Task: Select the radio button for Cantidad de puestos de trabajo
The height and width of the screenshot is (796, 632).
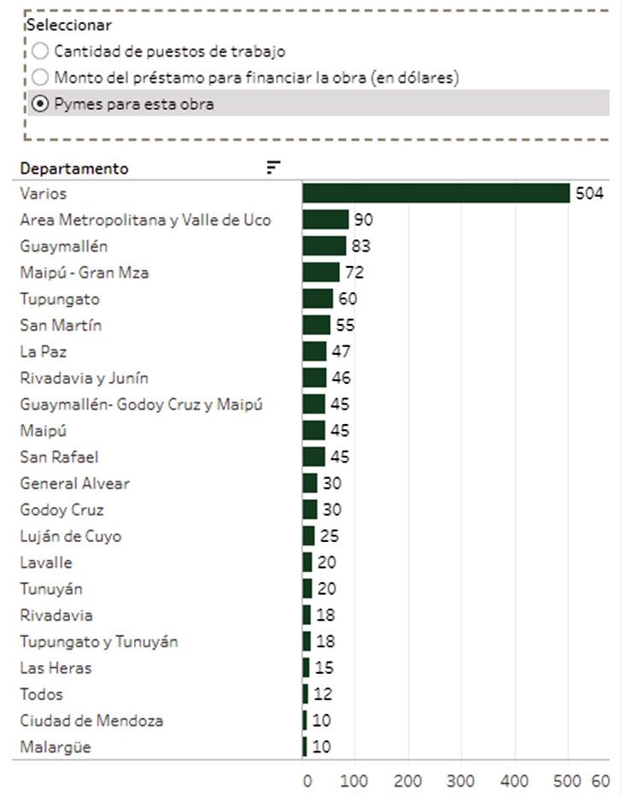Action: [x=40, y=51]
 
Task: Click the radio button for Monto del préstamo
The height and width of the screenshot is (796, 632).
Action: [x=40, y=78]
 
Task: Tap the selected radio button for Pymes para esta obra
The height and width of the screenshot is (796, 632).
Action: [x=40, y=104]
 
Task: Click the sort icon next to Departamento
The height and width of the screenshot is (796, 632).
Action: [x=273, y=168]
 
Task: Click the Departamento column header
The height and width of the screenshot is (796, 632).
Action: [x=74, y=168]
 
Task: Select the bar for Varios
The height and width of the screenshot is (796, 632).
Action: [x=436, y=193]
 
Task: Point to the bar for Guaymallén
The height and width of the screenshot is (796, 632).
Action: [x=325, y=246]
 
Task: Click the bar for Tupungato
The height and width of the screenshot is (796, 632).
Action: [x=318, y=299]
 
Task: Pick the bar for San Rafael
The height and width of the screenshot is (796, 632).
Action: [x=314, y=457]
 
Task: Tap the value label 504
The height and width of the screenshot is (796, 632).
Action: [x=589, y=194]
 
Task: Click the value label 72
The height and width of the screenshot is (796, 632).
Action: [x=354, y=274]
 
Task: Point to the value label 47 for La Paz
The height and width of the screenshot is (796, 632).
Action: [x=341, y=352]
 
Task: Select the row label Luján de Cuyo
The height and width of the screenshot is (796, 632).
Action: [x=71, y=537]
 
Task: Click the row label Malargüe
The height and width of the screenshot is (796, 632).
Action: [x=56, y=747]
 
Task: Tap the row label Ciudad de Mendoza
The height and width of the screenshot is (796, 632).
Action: [x=91, y=721]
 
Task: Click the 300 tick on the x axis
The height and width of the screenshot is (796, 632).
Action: [x=461, y=781]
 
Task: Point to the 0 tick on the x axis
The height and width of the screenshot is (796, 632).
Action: [x=307, y=781]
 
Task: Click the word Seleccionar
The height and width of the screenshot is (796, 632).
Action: [x=69, y=26]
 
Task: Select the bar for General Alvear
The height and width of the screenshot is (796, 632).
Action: [x=310, y=484]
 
